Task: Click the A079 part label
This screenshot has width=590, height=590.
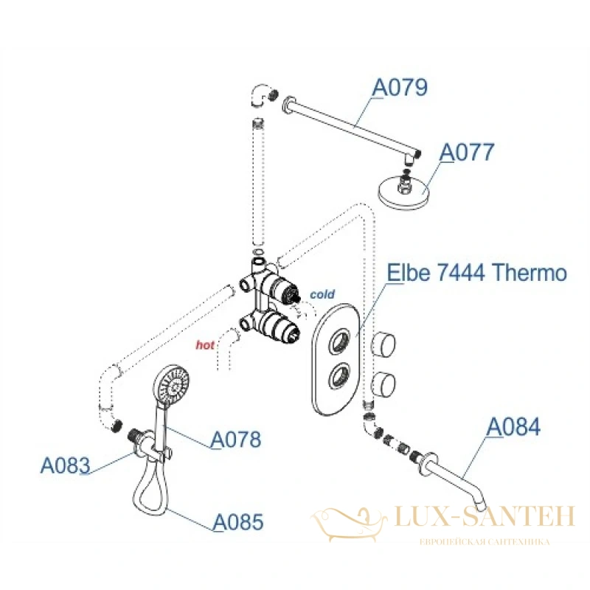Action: pyautogui.click(x=400, y=88)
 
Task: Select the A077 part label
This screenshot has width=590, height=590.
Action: pyautogui.click(x=467, y=153)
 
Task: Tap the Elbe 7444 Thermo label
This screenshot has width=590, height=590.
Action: pyautogui.click(x=476, y=272)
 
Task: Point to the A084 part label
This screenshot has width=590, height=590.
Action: pyautogui.click(x=513, y=427)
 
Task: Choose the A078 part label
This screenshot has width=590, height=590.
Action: pyautogui.click(x=236, y=440)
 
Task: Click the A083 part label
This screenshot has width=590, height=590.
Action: pyautogui.click(x=65, y=465)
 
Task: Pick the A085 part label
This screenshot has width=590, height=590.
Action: pyautogui.click(x=238, y=522)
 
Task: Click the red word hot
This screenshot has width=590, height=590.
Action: pyautogui.click(x=205, y=344)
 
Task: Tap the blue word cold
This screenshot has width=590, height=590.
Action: pyautogui.click(x=322, y=294)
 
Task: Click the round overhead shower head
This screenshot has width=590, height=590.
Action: pyautogui.click(x=403, y=191)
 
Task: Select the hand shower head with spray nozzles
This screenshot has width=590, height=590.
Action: pyautogui.click(x=171, y=385)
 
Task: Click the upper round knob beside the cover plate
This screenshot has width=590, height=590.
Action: pyautogui.click(x=383, y=344)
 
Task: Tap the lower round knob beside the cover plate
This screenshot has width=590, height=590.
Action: pyautogui.click(x=383, y=383)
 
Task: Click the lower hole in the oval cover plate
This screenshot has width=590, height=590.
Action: pyautogui.click(x=340, y=376)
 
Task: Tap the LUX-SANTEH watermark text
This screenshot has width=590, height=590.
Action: pyautogui.click(x=485, y=516)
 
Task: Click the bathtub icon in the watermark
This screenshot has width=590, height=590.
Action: pyautogui.click(x=348, y=524)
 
